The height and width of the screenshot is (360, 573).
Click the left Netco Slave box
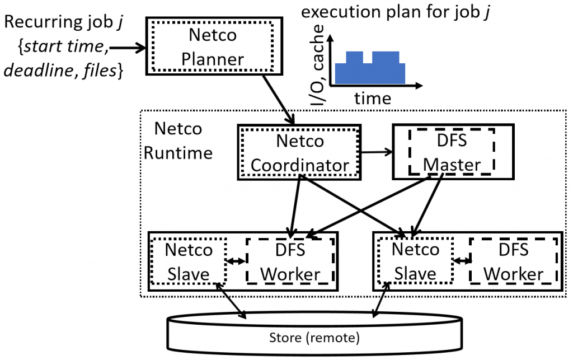pos(189,261)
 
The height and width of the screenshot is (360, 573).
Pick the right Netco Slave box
pos(415,261)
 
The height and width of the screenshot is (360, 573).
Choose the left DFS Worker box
pos(290,261)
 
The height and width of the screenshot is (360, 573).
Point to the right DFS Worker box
pos(513,261)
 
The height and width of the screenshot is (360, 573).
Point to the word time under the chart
pos(373,99)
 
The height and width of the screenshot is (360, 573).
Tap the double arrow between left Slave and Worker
pos(236,261)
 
